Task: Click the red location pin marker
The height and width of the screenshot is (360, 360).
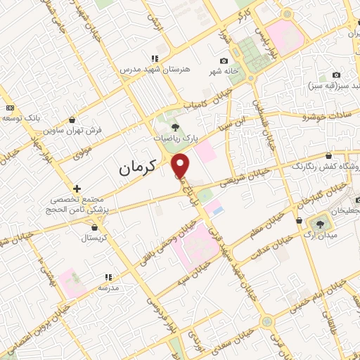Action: (182, 165)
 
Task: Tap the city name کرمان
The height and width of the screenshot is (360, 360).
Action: (135, 168)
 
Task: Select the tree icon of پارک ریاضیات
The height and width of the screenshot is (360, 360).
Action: (175, 127)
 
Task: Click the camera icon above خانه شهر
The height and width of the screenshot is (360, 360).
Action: (224, 62)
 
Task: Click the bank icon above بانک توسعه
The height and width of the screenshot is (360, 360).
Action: (10, 108)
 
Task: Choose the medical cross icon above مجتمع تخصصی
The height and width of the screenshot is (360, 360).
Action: (77, 188)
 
